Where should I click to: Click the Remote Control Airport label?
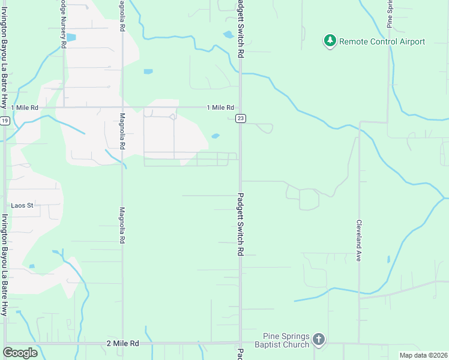382,41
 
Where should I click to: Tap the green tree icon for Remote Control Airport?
330,41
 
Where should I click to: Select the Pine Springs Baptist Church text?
287,340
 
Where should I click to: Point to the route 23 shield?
240,118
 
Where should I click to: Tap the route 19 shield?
5,121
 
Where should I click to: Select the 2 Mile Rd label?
122,343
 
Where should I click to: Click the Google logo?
20,353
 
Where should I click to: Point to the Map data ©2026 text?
423,355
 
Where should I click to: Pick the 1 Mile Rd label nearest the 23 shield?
220,107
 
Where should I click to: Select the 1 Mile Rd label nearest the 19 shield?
25,107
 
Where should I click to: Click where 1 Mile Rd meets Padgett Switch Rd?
240,108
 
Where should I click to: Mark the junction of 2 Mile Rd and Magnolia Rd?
122,344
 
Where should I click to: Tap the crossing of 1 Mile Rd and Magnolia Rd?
122,108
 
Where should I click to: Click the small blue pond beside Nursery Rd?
71,37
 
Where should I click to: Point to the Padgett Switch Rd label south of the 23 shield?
240,224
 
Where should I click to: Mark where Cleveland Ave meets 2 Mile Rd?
359,344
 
